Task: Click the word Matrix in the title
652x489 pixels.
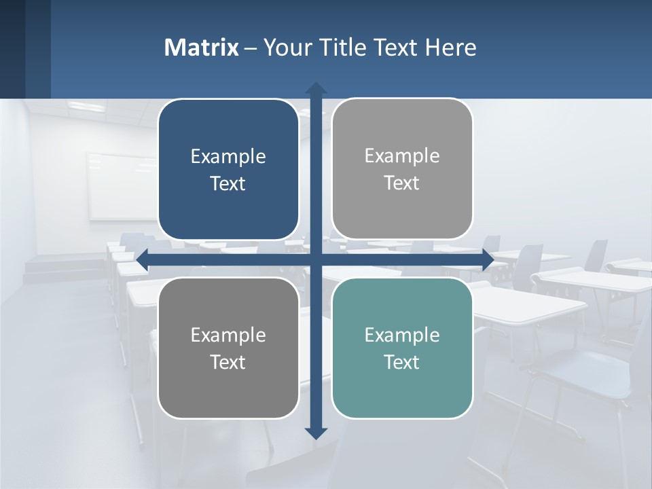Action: click(x=202, y=48)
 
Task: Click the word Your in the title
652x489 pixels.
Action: click(x=286, y=48)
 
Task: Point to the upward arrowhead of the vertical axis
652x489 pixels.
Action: click(x=316, y=88)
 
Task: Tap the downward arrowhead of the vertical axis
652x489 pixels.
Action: click(x=316, y=433)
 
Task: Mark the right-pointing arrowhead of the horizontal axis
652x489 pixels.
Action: click(x=488, y=260)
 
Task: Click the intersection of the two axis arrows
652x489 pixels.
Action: click(x=316, y=260)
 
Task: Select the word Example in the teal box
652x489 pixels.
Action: click(x=402, y=335)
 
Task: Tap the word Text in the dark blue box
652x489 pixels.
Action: click(x=228, y=184)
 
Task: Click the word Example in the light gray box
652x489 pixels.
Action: click(x=402, y=156)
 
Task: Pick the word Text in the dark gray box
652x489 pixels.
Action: click(x=228, y=362)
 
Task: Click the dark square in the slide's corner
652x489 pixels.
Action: click(x=25, y=49)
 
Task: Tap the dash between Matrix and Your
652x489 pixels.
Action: click(x=251, y=48)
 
